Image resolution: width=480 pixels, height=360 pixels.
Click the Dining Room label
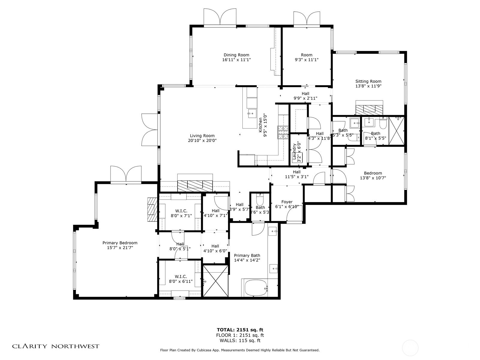coord(236,55)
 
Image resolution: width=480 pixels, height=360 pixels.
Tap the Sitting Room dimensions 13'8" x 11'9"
coord(368,86)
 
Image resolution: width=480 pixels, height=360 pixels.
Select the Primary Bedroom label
coord(120,243)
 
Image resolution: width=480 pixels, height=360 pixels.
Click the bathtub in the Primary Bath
coord(256,288)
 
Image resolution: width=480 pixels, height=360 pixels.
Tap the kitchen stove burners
coord(282,132)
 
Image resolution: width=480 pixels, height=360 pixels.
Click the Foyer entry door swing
coord(293,214)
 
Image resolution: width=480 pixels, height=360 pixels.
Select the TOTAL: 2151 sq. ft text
coord(240,330)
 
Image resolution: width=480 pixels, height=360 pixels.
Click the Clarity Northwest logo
coord(55,346)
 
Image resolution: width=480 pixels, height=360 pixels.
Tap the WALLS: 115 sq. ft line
coord(240,340)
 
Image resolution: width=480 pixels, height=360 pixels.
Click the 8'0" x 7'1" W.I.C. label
coord(181,213)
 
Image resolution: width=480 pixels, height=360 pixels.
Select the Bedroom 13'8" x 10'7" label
coord(373,175)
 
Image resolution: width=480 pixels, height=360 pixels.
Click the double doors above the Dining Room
coord(220,17)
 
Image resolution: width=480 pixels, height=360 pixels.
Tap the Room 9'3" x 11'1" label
coord(306,57)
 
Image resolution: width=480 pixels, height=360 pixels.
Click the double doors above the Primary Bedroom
coord(126,174)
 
